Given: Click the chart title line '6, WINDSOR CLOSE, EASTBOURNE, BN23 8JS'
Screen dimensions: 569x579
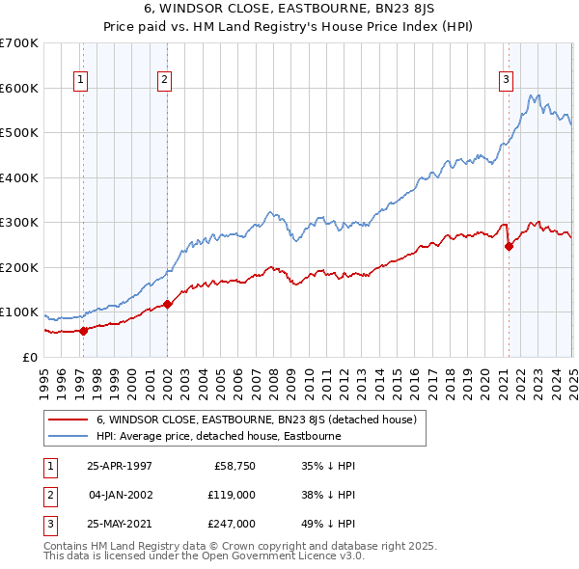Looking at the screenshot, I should coord(289,11).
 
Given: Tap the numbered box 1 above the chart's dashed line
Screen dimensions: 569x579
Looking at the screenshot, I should coord(80,80).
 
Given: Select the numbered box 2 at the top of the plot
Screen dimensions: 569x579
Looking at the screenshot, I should coord(165,80).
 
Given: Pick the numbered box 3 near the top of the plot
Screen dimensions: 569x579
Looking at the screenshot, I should coord(506,80).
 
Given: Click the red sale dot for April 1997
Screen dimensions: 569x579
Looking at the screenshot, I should coord(83,331).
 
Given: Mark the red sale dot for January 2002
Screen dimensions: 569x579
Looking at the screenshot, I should coord(167,304).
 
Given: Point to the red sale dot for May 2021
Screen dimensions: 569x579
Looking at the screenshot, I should coord(509,246).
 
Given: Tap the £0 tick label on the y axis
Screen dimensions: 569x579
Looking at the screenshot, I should coord(29,357).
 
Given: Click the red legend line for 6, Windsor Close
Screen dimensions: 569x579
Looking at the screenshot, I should coord(67,420).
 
